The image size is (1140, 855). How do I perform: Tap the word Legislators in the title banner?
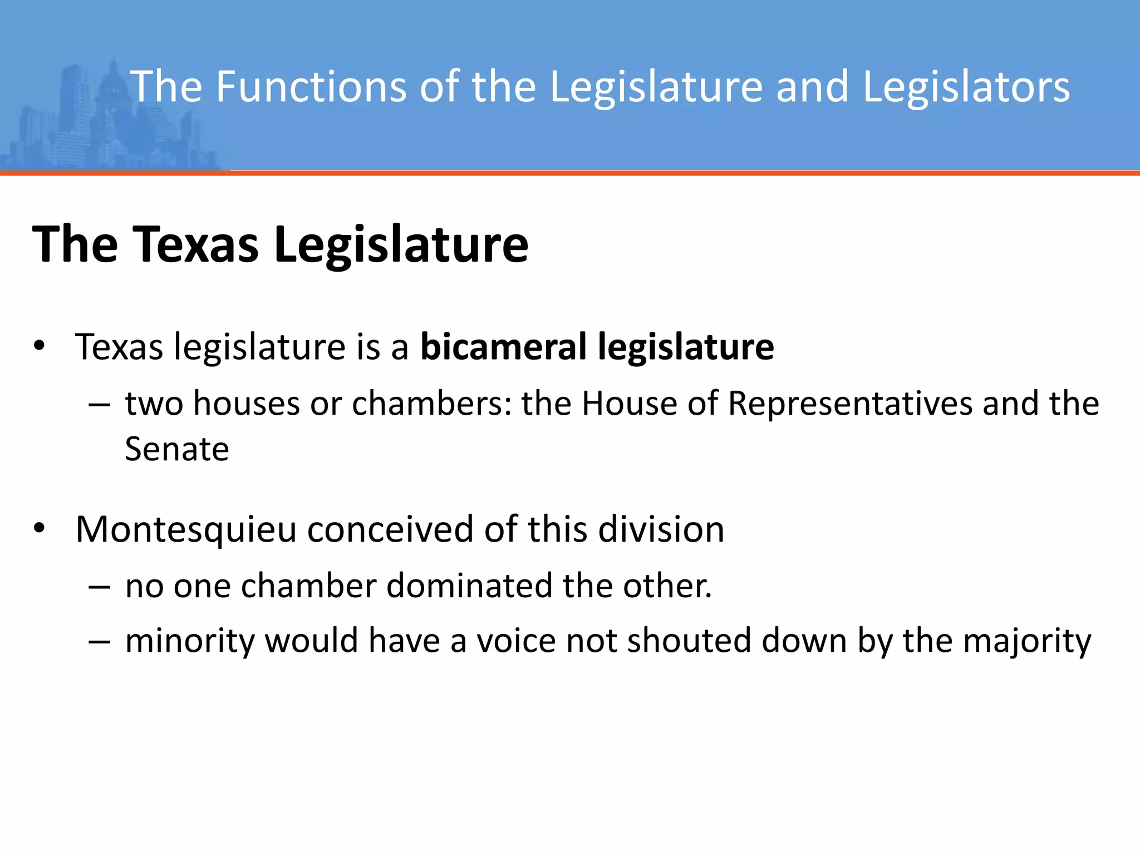[966, 87]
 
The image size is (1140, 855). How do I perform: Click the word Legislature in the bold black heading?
[401, 245]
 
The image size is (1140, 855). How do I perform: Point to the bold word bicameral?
[503, 346]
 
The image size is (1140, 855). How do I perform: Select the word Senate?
[177, 449]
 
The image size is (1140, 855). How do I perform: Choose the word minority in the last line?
[190, 641]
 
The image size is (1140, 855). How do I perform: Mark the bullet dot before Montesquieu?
[38, 528]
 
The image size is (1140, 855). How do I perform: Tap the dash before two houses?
[99, 405]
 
